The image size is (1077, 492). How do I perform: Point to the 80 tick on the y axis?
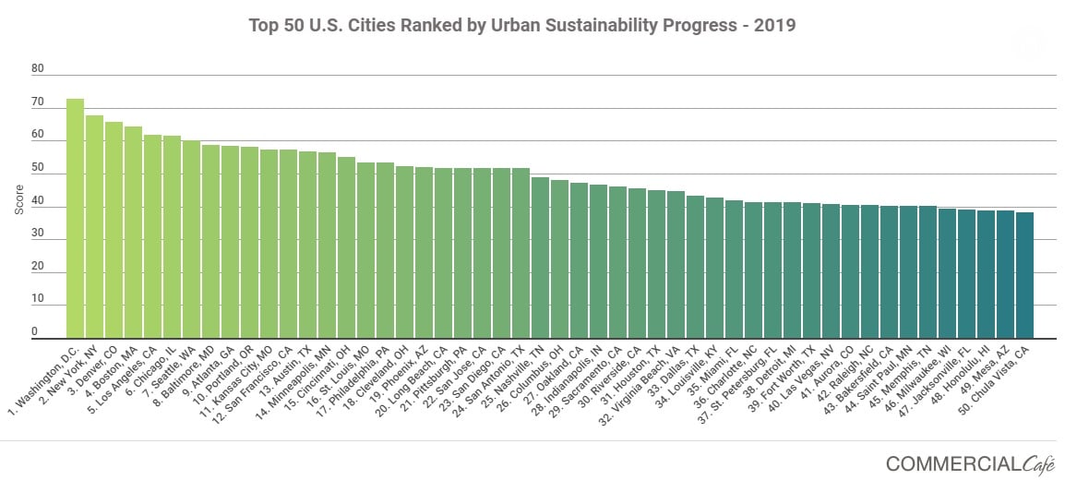[37, 68]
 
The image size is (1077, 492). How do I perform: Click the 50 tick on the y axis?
[37, 167]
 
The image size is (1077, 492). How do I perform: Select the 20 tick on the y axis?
[37, 266]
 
